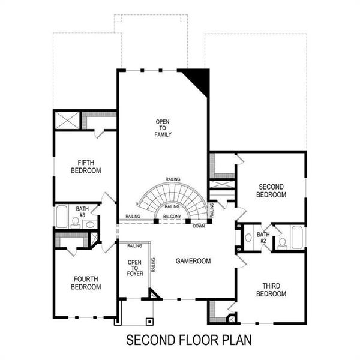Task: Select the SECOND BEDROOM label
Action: click(x=271, y=190)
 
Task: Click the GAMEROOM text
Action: click(x=193, y=262)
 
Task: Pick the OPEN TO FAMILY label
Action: click(x=163, y=128)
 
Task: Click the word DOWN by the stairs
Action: click(x=198, y=226)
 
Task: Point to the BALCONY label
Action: click(x=172, y=217)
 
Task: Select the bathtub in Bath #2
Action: click(x=297, y=237)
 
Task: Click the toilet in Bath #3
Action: click(x=76, y=221)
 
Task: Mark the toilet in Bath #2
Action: click(x=281, y=242)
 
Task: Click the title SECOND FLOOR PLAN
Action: click(x=188, y=340)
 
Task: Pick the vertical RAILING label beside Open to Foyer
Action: click(x=154, y=265)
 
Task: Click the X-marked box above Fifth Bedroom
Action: click(x=67, y=120)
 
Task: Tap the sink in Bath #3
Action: click(x=89, y=224)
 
